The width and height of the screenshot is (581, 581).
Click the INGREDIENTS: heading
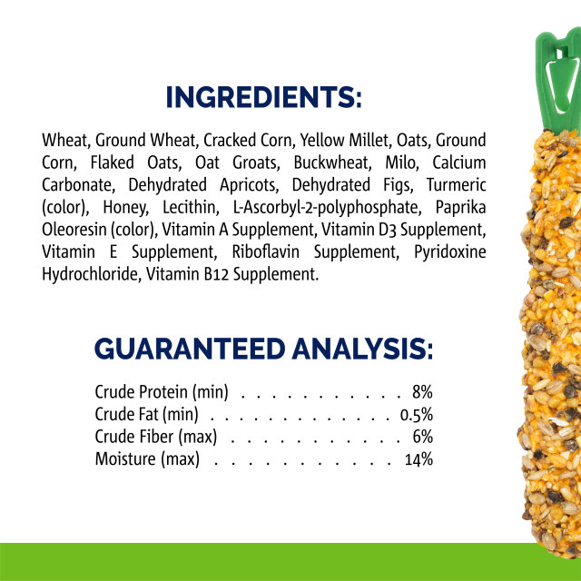tap(264, 97)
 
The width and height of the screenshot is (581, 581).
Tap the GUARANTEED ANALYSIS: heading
tap(264, 349)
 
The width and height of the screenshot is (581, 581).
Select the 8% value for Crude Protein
tap(422, 393)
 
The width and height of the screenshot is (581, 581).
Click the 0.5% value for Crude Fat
tap(416, 415)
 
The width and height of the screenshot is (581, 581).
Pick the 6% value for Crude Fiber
tap(422, 437)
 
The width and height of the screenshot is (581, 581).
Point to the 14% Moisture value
tap(419, 458)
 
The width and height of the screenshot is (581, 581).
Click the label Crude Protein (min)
tap(161, 393)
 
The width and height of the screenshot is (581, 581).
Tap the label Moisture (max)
tap(146, 458)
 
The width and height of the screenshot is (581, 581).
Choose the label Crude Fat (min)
tap(146, 415)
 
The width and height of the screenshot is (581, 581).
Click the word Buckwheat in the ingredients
tap(329, 162)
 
